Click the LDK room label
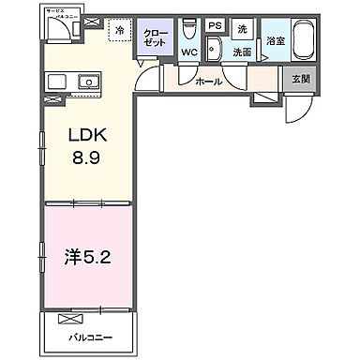[86, 137]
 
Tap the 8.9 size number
[86, 157]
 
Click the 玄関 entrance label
[299, 81]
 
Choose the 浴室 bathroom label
[274, 40]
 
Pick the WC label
[187, 52]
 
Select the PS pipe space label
[215, 26]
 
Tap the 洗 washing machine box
[241, 27]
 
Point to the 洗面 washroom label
[242, 52]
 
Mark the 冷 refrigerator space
[119, 30]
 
